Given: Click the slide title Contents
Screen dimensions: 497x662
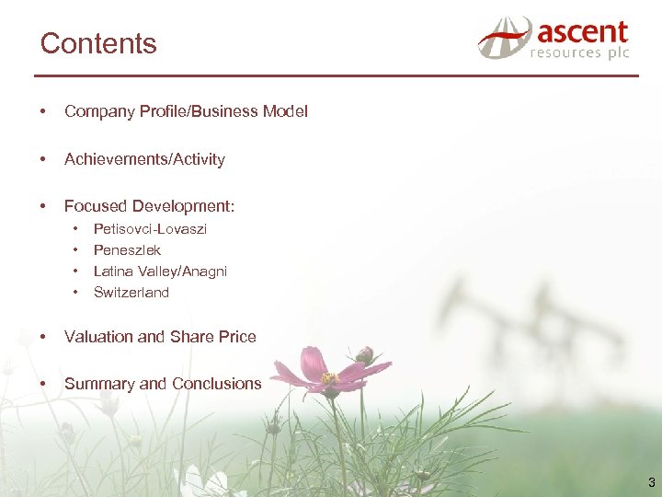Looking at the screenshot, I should coord(98,43).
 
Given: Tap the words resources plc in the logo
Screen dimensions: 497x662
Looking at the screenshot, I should coord(579,54).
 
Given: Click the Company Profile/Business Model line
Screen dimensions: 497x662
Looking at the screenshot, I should coord(186,111).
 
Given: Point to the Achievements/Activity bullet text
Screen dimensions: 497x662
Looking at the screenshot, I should coord(144,159).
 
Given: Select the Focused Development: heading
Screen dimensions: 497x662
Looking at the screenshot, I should coord(149,206).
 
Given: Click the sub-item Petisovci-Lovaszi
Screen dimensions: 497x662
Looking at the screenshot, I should coord(150,229).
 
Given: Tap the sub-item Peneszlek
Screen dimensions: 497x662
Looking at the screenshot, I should coord(127,250).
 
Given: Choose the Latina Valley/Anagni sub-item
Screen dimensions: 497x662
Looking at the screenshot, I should coord(160,272).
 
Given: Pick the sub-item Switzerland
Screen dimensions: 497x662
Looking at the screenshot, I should coord(131,293).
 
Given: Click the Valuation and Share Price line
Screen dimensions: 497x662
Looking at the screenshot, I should coord(160,337).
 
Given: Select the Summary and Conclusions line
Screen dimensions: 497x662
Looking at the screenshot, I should coord(163,384).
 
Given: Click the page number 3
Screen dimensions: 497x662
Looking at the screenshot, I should coord(651,482).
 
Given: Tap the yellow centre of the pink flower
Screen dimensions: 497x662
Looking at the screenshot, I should coord(329,378).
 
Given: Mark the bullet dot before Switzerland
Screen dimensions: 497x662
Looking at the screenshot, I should coord(76,293).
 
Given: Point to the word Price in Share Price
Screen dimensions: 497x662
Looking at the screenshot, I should coord(236,337).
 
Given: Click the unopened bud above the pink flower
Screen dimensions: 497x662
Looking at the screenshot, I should coord(365,354).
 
